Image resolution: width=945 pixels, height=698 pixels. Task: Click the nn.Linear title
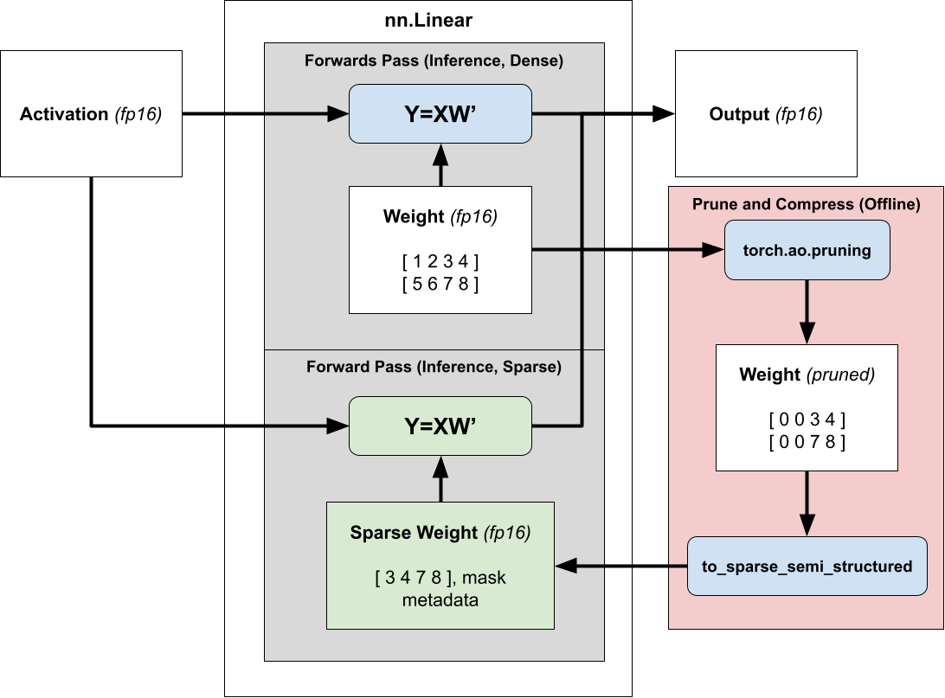(429, 20)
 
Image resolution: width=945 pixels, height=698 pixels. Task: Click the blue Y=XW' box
(440, 113)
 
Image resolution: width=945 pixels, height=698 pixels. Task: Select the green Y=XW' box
(440, 426)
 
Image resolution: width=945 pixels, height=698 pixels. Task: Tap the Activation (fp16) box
(91, 113)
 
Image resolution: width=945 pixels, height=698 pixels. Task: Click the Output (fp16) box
(766, 113)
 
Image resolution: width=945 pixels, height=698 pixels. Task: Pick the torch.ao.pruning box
(807, 250)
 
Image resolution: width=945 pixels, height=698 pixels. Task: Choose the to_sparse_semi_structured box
(807, 567)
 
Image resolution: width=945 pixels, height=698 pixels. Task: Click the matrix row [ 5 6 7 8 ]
(440, 284)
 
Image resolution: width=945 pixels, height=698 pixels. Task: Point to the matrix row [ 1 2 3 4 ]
(440, 261)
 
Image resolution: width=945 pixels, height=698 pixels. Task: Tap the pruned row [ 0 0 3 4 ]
(807, 420)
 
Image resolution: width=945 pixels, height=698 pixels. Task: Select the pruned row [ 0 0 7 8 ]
(807, 443)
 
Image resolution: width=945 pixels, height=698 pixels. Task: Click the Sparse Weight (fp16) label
(440, 533)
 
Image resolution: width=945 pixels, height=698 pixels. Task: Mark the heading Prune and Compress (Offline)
(806, 204)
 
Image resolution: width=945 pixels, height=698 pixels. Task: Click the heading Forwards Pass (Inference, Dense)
(434, 61)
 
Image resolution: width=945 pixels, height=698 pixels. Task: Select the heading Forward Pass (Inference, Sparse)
(434, 367)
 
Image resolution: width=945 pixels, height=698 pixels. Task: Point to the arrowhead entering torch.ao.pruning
(714, 250)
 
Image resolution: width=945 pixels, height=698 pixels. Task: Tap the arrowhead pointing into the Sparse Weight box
(565, 567)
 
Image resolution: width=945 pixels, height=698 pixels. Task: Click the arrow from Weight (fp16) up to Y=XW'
(440, 166)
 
